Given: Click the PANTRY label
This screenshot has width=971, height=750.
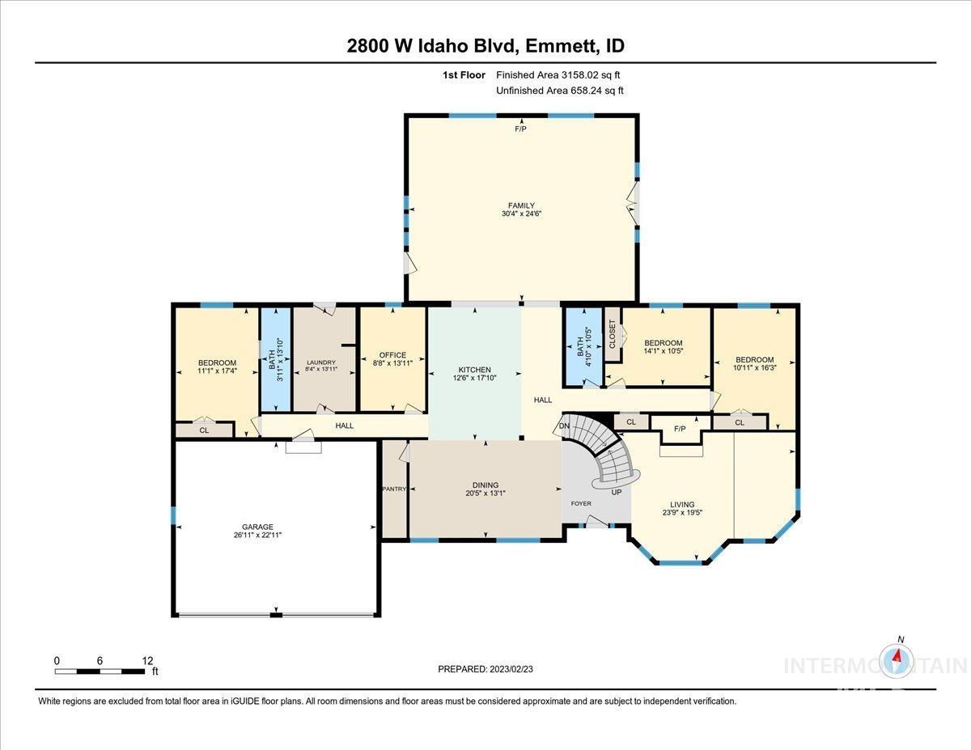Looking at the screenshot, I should pyautogui.click(x=393, y=489).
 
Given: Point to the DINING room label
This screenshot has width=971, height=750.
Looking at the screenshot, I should pyautogui.click(x=485, y=485).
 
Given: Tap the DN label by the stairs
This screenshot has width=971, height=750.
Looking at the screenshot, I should pyautogui.click(x=564, y=426).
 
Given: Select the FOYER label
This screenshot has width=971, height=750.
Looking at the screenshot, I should pyautogui.click(x=581, y=503).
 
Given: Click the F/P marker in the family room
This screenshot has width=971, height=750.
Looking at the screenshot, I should pyautogui.click(x=520, y=129).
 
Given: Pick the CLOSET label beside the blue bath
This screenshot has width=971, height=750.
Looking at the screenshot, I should pyautogui.click(x=612, y=334).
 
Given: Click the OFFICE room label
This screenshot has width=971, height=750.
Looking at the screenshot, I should pyautogui.click(x=392, y=355).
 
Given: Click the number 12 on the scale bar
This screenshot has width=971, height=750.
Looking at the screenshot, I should pyautogui.click(x=147, y=660).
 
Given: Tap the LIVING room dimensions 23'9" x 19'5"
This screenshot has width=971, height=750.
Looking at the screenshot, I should pyautogui.click(x=682, y=513).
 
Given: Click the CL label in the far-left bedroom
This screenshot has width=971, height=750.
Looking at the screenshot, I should pyautogui.click(x=204, y=430).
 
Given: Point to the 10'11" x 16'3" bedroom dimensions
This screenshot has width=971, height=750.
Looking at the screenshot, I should pyautogui.click(x=754, y=369).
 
